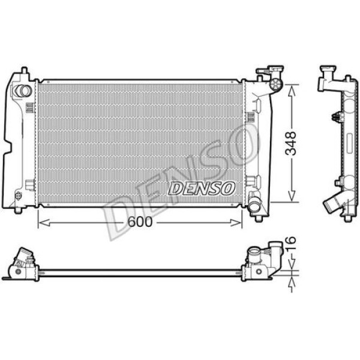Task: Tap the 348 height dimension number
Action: pos(292,143)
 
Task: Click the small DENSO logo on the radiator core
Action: pos(201,188)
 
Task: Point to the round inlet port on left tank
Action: pos(22,91)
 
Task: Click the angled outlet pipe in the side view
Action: pos(332,205)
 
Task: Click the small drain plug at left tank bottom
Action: pos(17,196)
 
